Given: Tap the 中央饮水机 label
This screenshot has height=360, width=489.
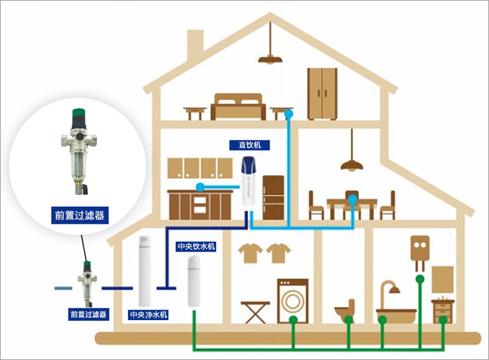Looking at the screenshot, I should (197, 247).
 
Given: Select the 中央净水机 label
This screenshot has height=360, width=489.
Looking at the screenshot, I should (148, 315).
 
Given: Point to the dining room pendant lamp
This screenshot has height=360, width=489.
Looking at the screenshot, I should (351, 165).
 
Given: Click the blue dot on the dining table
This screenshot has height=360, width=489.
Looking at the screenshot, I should (353, 199).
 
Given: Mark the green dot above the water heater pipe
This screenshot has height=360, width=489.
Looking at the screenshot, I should (419, 279).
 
